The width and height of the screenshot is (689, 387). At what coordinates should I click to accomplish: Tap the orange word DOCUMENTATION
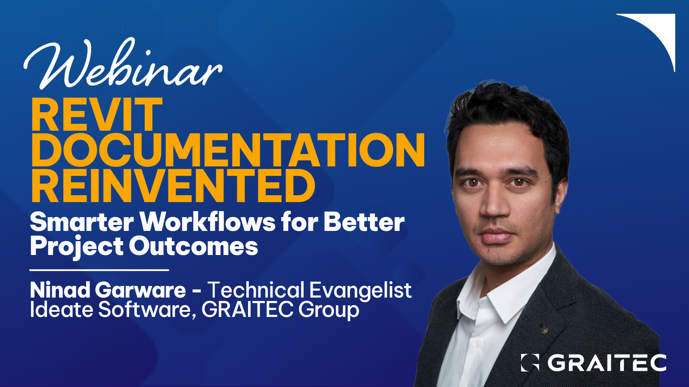pyautogui.click(x=228, y=150)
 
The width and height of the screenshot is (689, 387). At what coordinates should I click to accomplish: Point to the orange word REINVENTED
pyautogui.click(x=173, y=186)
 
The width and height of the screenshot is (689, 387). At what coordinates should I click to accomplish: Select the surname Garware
pyautogui.click(x=140, y=290)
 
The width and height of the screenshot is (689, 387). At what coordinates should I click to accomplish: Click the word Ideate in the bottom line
pyautogui.click(x=61, y=310)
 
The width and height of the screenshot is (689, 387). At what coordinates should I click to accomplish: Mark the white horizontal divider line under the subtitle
pyautogui.click(x=99, y=270)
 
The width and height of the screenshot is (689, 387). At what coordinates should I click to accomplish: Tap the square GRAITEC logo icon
pyautogui.click(x=530, y=362)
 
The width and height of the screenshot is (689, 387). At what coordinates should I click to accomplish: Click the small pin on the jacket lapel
pyautogui.click(x=544, y=330)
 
